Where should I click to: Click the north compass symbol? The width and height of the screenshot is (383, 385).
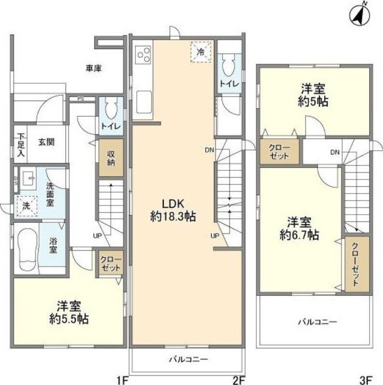click(x=359, y=16)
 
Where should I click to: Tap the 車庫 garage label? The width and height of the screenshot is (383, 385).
click(x=93, y=68)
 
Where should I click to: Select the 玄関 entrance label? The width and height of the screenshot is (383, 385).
click(x=46, y=142)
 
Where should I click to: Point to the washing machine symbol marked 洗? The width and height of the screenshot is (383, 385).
click(x=27, y=206)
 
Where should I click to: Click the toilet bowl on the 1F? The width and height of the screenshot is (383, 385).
click(x=111, y=108)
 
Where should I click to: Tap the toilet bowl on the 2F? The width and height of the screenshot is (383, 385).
click(x=229, y=65)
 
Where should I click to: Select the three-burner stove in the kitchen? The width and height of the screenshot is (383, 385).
click(x=143, y=54)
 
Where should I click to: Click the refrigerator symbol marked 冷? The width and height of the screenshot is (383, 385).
click(x=201, y=52)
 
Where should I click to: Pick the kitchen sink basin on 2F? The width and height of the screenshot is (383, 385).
click(x=144, y=102)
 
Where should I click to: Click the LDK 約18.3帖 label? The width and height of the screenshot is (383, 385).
click(x=173, y=210)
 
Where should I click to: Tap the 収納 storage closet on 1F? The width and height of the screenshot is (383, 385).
click(x=111, y=158)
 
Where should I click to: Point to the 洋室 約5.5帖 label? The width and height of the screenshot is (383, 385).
click(x=69, y=312)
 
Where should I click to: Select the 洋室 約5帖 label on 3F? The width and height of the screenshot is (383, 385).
click(x=313, y=95)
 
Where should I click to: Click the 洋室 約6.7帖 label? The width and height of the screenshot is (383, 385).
click(x=299, y=228)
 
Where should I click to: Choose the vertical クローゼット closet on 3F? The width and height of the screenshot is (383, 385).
click(x=357, y=264)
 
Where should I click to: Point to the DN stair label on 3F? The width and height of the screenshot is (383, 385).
click(x=335, y=152)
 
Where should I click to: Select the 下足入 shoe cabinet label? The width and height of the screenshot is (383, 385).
click(x=21, y=145)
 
